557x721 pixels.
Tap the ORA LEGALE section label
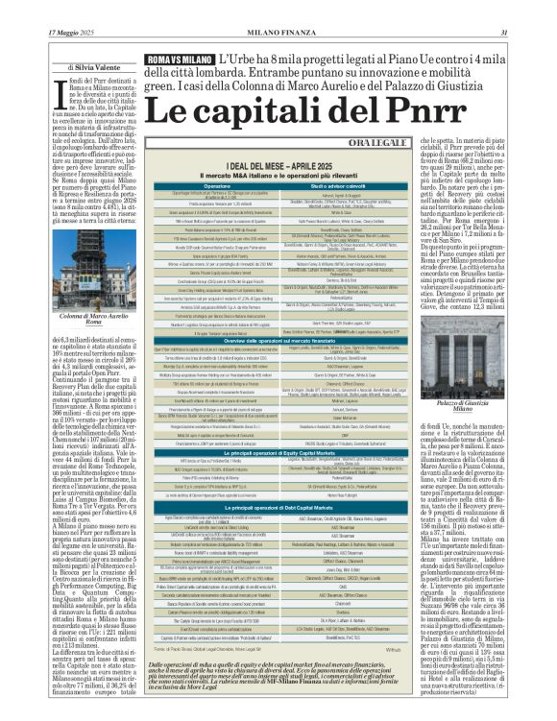tap(421, 142)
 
